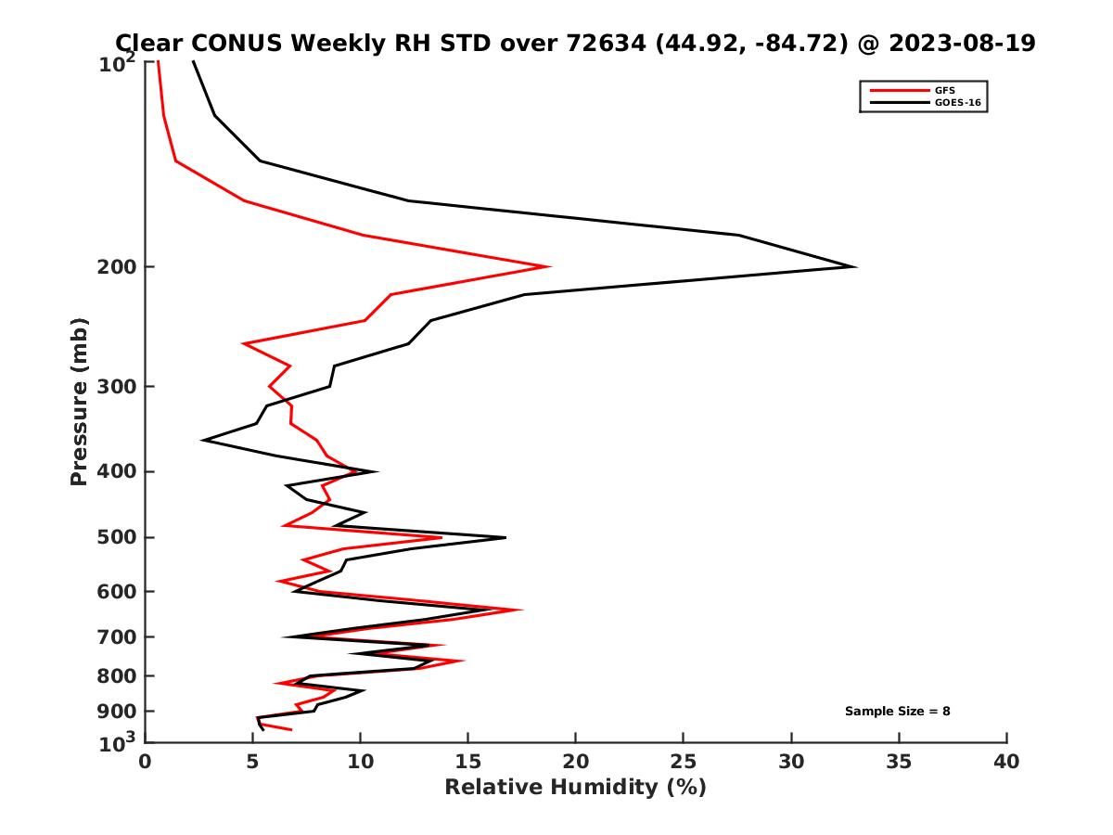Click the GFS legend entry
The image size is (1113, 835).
point(946,90)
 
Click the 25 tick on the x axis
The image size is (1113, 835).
point(684,762)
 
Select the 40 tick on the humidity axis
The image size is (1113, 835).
point(1006,762)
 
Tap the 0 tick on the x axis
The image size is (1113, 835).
point(146,762)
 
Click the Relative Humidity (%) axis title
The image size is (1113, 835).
point(575,788)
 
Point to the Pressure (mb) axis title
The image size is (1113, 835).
point(80,401)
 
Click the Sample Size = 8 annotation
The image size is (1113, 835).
point(897,712)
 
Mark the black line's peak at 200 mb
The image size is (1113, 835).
point(854,267)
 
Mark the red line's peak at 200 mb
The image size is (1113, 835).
point(549,267)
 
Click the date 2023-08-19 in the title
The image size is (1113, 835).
point(962,44)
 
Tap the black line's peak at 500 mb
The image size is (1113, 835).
point(505,537)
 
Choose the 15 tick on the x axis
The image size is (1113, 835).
point(468,762)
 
